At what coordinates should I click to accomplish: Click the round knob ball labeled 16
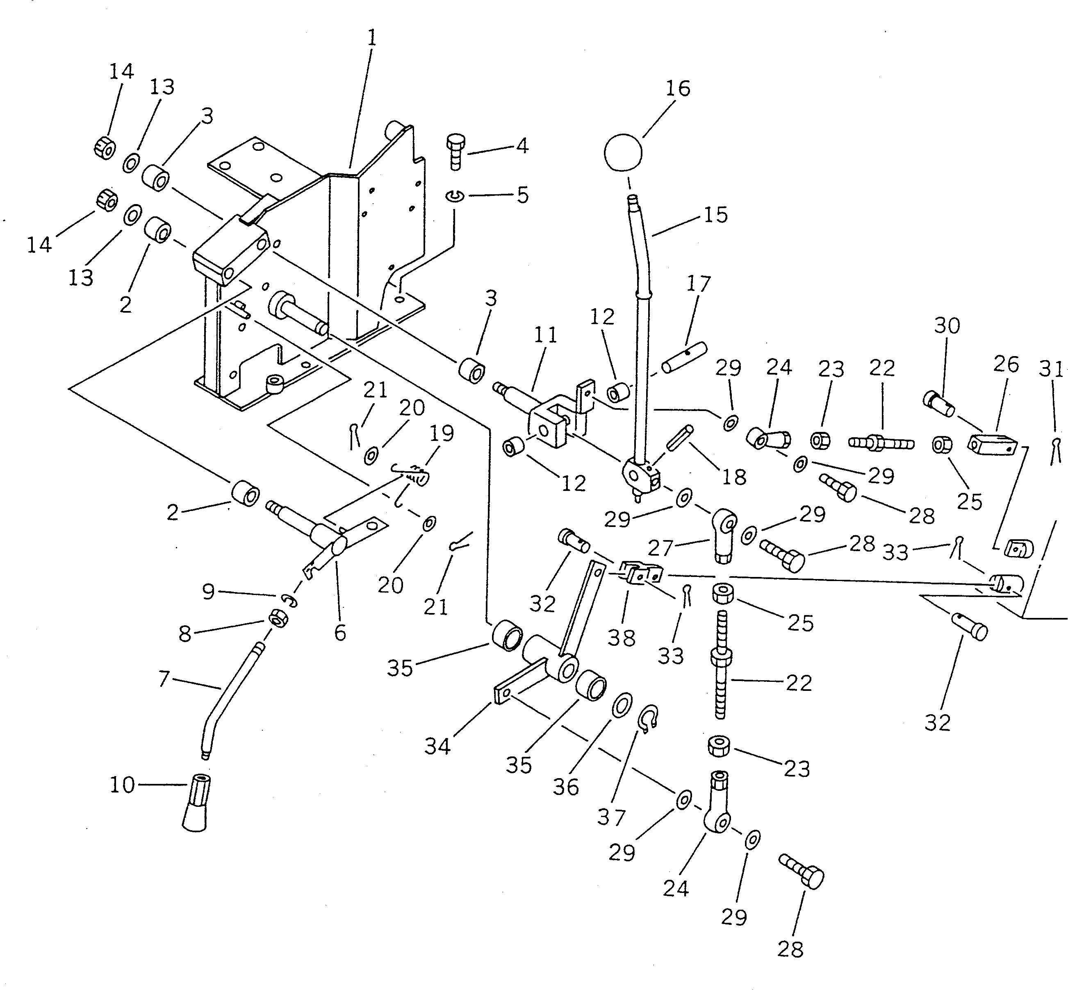point(622,152)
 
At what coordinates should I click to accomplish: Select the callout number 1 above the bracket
point(371,38)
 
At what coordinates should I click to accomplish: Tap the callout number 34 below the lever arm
point(437,746)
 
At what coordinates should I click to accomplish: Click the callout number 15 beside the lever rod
point(715,215)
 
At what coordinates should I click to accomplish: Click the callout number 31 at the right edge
point(1051,370)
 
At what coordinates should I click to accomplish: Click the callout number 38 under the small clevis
point(622,638)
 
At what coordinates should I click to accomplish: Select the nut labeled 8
point(278,619)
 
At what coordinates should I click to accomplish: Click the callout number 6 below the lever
point(340,633)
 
